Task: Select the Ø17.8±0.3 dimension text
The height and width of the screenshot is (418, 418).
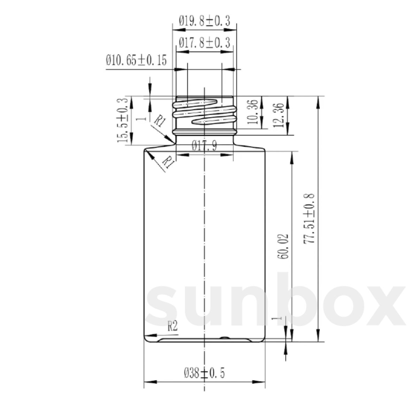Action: [205, 43]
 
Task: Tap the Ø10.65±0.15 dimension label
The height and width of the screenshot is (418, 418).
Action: [136, 60]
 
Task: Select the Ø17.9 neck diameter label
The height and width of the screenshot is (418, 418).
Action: [204, 146]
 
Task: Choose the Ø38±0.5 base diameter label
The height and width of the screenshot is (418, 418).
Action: [204, 374]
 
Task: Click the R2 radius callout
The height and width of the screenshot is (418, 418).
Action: [173, 327]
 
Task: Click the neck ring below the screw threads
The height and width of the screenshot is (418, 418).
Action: [204, 132]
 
